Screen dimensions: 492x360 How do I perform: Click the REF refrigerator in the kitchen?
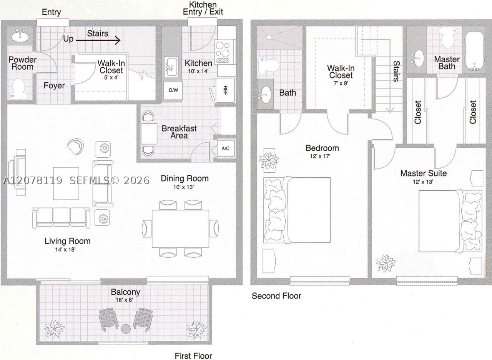click(225, 90)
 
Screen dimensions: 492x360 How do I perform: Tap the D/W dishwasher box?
click(173, 90)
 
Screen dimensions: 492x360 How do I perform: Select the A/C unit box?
click(226, 148)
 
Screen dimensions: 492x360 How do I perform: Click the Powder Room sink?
click(20, 36)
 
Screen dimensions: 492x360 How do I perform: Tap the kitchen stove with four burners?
click(223, 52)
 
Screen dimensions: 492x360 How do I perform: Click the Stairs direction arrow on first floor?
click(98, 40)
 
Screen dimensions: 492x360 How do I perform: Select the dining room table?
click(180, 228)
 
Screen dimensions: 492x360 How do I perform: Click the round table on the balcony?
click(126, 329)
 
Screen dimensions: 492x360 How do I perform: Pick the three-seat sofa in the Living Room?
click(61, 218)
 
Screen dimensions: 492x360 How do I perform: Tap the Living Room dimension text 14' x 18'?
click(65, 250)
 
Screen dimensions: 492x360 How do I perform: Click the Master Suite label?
click(424, 173)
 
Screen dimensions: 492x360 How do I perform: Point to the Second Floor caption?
click(276, 296)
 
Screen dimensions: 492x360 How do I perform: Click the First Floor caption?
click(193, 356)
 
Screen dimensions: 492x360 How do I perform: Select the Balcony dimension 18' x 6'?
click(124, 300)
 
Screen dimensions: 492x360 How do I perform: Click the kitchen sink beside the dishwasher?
click(171, 67)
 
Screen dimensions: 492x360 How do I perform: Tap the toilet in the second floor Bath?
click(269, 65)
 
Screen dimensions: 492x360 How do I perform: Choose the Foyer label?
click(54, 85)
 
